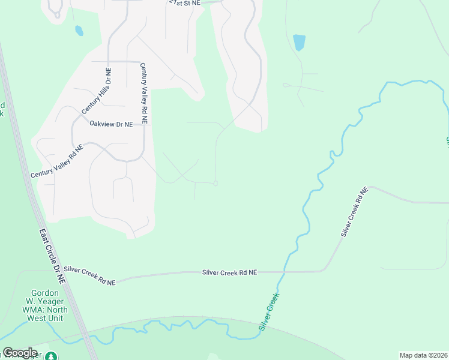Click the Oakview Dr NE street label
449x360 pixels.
tap(110, 124)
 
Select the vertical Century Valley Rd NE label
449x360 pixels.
tap(144, 94)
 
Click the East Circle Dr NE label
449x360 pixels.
tap(53, 256)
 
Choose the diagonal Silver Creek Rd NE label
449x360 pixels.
tap(353, 212)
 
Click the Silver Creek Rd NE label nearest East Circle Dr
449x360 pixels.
tap(89, 275)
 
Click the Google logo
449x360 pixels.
tap(20, 353)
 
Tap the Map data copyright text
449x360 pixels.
tap(423, 355)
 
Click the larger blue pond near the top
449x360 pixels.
tap(298, 43)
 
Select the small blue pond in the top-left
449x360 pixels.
tap(79, 30)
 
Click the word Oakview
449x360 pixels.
tap(101, 124)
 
